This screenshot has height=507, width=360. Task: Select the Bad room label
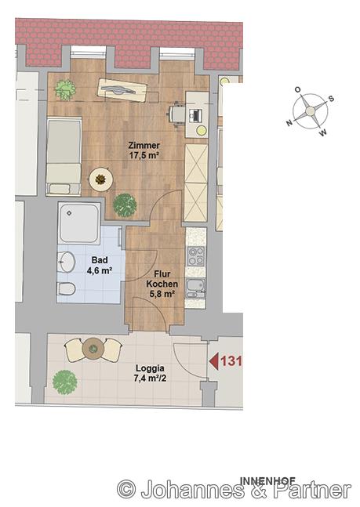[100, 260]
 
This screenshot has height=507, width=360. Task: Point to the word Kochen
[162, 284]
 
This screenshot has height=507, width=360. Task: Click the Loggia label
[150, 368]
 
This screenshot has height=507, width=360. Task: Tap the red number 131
[231, 360]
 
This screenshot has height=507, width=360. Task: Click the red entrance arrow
[213, 361]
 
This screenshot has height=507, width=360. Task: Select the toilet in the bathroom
[67, 288]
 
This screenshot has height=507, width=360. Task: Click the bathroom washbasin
[67, 262]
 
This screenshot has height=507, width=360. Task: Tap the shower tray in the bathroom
[79, 223]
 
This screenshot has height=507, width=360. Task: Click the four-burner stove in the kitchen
[196, 256]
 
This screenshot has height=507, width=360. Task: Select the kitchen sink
[195, 288]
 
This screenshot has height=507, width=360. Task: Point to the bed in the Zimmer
[64, 157]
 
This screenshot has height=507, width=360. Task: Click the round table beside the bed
[100, 179]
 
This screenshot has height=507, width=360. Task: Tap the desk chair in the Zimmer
[176, 114]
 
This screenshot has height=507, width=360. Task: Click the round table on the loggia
[93, 349]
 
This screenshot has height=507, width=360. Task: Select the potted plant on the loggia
[65, 382]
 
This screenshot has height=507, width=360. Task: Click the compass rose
[310, 111]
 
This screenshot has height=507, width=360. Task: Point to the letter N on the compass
[289, 122]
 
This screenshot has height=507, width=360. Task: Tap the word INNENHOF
[267, 481]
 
